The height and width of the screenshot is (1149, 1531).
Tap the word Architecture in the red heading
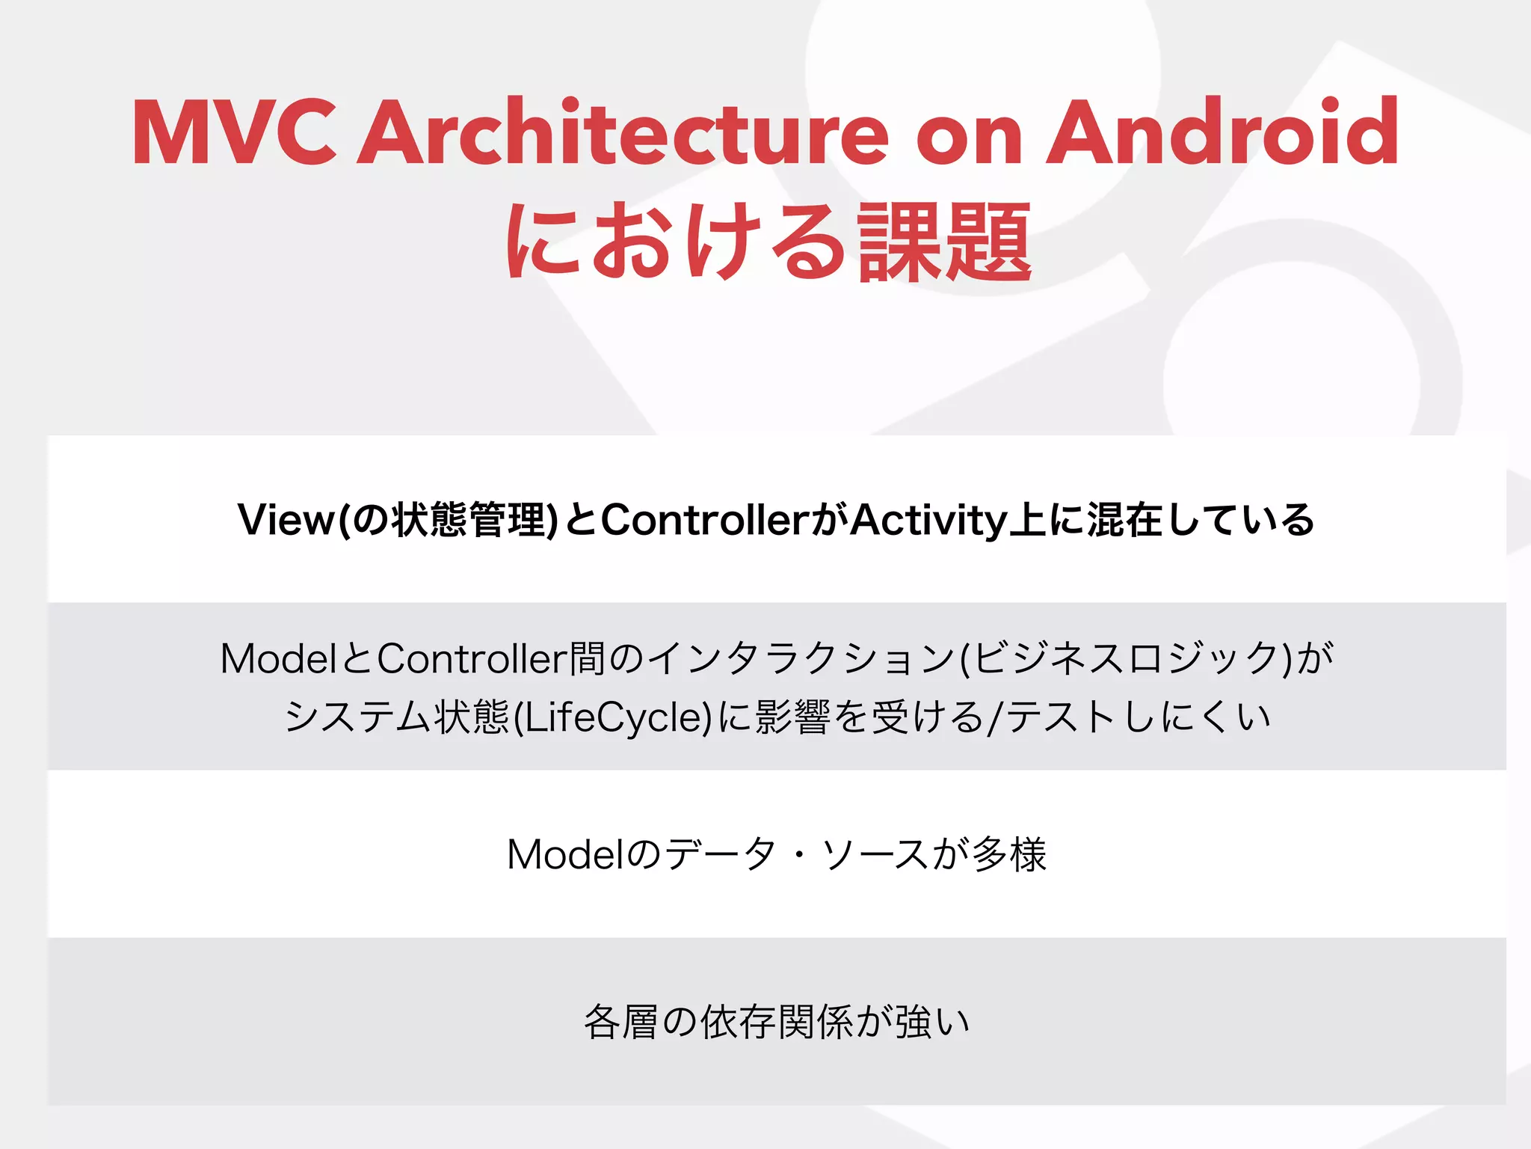pos(623,132)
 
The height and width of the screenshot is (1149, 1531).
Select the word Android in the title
pos(1222,132)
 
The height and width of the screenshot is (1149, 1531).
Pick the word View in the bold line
pos(286,520)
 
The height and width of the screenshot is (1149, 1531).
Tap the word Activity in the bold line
pos(928,520)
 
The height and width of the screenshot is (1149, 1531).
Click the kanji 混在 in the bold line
pos(1124,520)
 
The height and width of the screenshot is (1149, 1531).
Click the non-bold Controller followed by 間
pos(472,659)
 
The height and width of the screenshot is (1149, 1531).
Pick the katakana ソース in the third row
pos(875,854)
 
